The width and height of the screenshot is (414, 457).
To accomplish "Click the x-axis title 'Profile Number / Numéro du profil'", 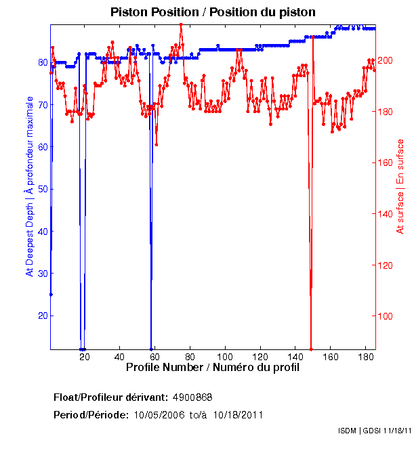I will tap(213, 368).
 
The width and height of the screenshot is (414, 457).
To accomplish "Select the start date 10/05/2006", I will tap(160, 415).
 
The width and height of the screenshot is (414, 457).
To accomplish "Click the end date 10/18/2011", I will tap(239, 415).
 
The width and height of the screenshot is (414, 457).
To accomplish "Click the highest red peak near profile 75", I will tap(181, 24).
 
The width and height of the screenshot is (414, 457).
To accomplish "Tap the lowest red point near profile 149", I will tap(311, 349).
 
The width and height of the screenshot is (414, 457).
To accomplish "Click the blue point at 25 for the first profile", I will tap(51, 295).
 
